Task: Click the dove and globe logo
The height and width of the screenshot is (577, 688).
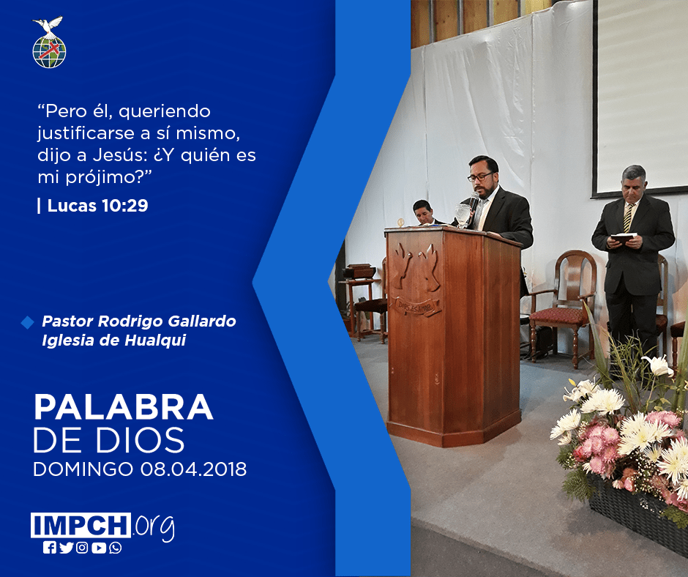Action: click(x=49, y=42)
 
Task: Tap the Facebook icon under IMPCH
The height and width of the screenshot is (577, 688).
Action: click(x=50, y=548)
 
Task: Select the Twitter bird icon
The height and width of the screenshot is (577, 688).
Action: click(x=66, y=548)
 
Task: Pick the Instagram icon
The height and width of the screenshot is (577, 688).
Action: click(x=82, y=548)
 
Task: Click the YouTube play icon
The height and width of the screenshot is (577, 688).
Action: click(x=99, y=548)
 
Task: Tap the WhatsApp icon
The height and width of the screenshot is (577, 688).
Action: click(x=116, y=548)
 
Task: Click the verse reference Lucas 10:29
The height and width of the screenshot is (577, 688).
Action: click(x=98, y=206)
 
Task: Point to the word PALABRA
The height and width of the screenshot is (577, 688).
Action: click(x=124, y=408)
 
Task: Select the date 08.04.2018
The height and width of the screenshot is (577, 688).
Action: click(x=193, y=469)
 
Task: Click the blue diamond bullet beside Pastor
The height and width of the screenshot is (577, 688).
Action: click(x=27, y=322)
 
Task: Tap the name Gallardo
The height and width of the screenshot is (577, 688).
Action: click(x=202, y=321)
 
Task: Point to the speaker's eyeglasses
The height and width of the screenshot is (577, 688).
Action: click(x=480, y=176)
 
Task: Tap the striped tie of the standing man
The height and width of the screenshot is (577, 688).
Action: click(x=629, y=217)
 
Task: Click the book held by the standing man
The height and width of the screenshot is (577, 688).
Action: click(x=623, y=238)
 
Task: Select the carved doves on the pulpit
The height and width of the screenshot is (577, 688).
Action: click(x=415, y=267)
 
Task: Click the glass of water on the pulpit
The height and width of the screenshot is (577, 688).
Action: click(x=463, y=215)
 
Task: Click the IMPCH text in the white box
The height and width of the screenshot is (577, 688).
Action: click(x=81, y=525)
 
